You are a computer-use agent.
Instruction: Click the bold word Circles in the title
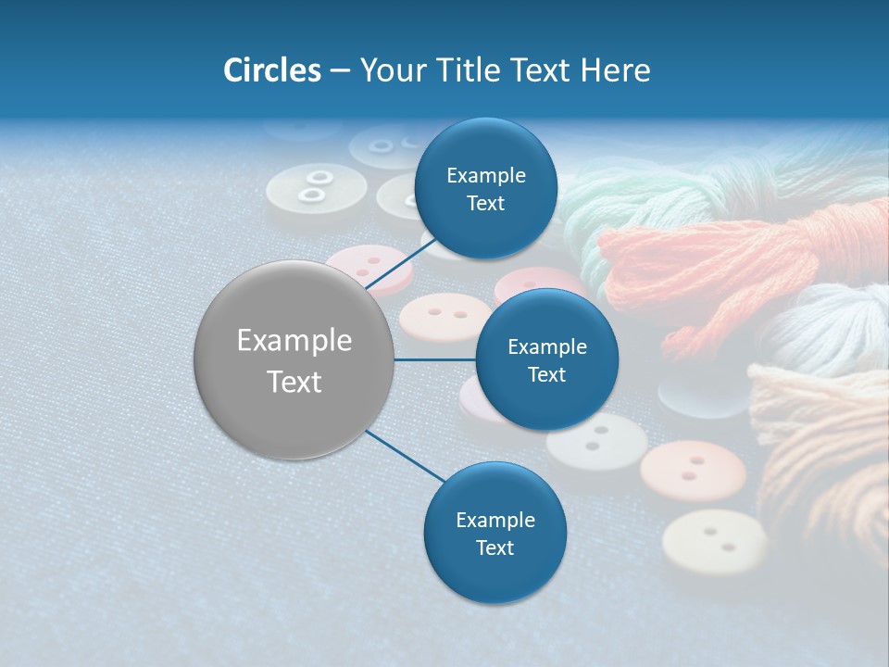click(x=271, y=69)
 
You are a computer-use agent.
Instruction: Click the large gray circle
click(x=294, y=359)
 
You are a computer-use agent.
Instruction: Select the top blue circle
click(x=485, y=188)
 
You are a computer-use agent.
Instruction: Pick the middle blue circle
click(x=546, y=359)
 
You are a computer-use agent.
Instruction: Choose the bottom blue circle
click(x=495, y=533)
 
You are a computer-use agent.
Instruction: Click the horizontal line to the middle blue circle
click(x=434, y=359)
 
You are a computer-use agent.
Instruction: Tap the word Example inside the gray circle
click(x=294, y=340)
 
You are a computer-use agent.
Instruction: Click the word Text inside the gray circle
click(x=294, y=381)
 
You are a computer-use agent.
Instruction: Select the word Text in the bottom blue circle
click(x=495, y=547)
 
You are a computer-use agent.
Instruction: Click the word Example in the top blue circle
click(x=485, y=175)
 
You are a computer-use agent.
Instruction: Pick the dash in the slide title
click(x=340, y=70)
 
